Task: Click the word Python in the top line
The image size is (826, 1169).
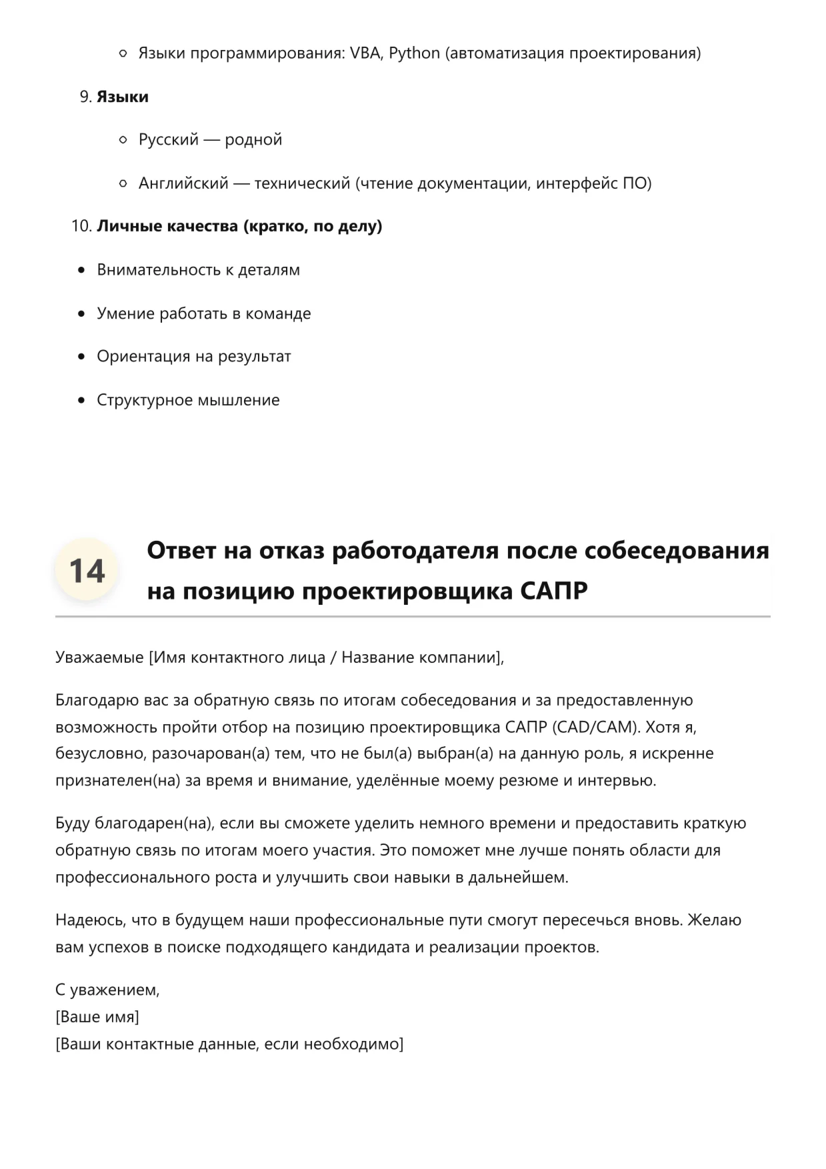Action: tap(414, 53)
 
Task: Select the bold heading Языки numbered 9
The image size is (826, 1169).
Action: tap(123, 97)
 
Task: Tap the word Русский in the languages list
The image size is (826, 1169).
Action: tap(169, 140)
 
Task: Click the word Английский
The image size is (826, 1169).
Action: tap(183, 183)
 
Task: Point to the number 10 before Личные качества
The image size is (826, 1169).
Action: tap(80, 227)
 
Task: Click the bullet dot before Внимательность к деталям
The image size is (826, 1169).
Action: tap(81, 270)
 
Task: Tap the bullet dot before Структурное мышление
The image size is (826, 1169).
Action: tap(81, 400)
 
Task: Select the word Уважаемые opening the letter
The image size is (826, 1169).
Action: tap(99, 658)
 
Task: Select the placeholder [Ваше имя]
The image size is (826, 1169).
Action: tap(97, 1017)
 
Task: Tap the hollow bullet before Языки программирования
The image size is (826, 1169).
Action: tap(123, 53)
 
